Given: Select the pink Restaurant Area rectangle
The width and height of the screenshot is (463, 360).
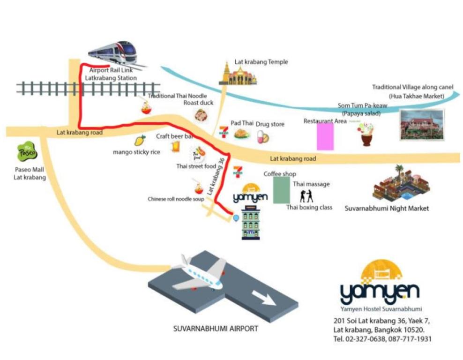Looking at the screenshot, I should coord(325,136).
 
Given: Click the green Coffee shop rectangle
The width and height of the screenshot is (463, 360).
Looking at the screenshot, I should coord(282,190).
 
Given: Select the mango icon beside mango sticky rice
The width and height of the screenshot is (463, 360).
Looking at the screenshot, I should coord(140,140).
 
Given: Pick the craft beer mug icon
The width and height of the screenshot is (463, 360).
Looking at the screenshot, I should coord(175,147).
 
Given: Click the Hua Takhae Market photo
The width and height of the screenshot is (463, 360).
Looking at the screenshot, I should coord(421,125).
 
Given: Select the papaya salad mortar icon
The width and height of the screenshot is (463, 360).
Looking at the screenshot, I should coord(367,134).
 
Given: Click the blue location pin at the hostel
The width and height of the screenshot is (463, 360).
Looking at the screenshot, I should coord(236,217).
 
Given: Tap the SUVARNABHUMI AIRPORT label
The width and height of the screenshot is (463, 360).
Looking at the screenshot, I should coord(216,329).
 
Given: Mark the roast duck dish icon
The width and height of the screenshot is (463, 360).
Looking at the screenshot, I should coord(202,115).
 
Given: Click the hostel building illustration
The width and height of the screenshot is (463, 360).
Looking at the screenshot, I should coord(251,225).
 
